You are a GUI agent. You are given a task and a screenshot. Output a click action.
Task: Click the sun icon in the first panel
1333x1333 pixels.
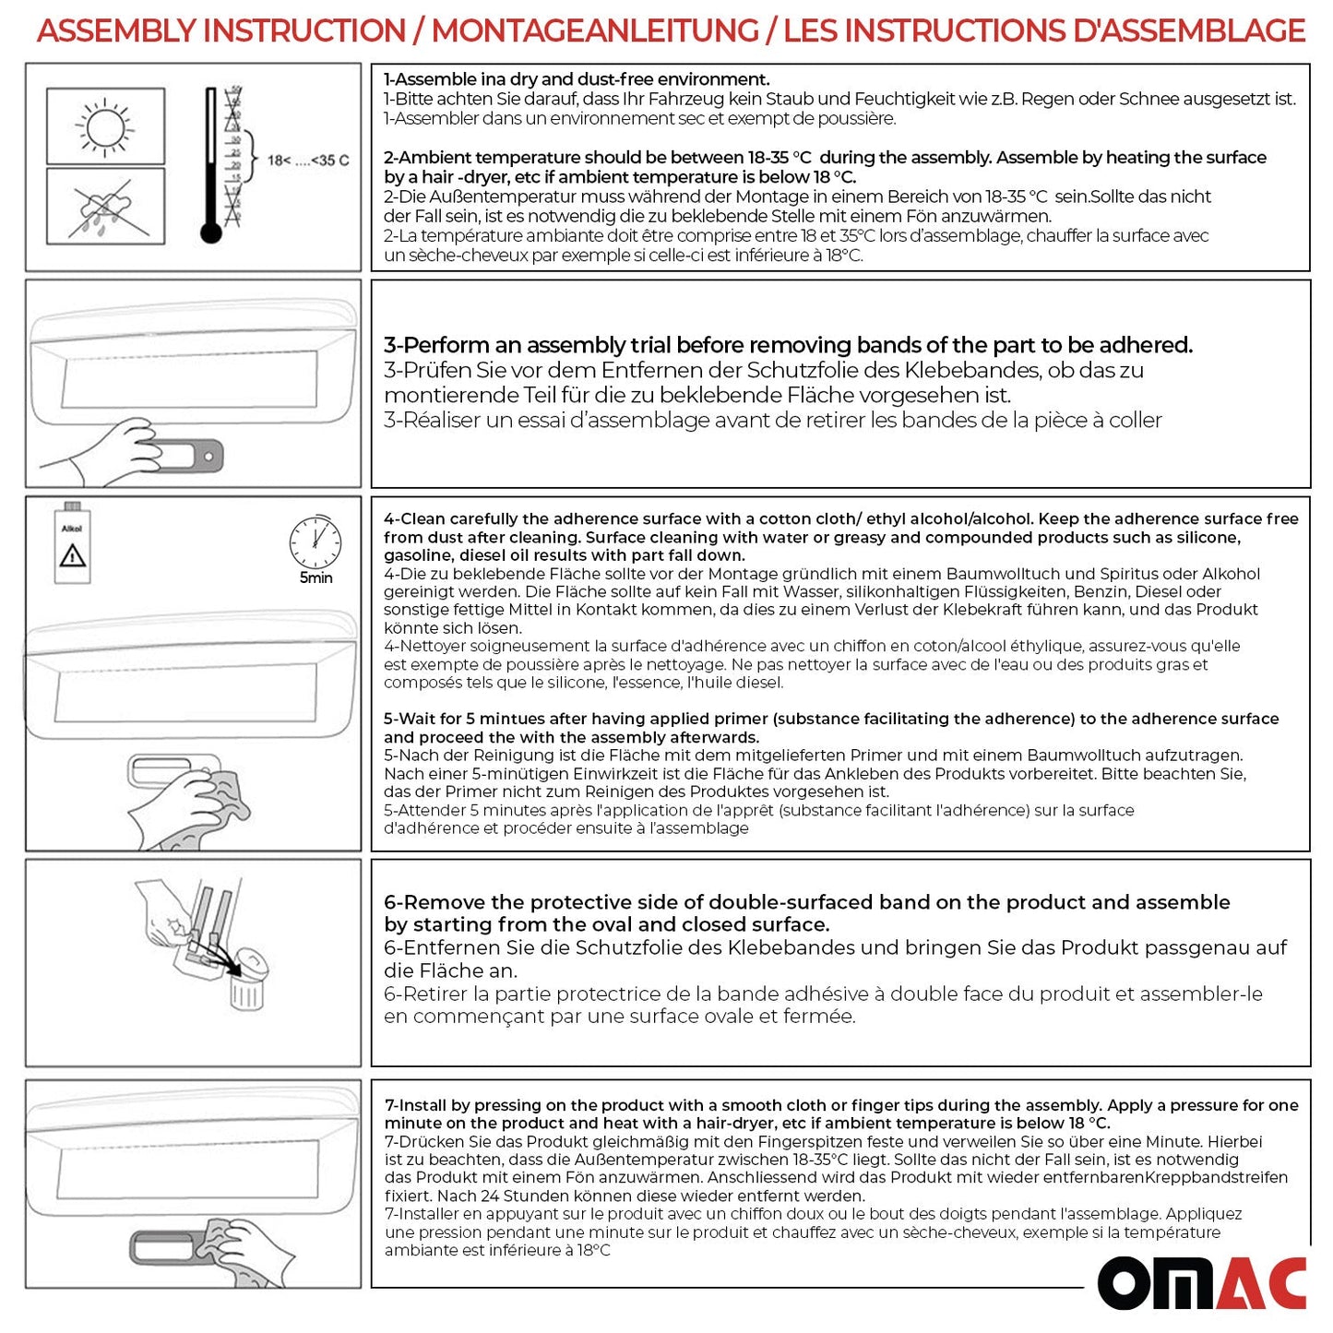[104, 125]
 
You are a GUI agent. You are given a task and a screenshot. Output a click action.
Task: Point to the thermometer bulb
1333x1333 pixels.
[211, 232]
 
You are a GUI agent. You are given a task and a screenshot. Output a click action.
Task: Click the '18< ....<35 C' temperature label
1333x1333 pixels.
[308, 161]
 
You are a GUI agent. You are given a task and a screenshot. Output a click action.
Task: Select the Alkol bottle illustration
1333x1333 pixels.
[72, 544]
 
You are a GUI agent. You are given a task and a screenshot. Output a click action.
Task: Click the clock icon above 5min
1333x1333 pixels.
[315, 542]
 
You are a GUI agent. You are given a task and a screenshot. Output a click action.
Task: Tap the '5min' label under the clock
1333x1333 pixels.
[315, 578]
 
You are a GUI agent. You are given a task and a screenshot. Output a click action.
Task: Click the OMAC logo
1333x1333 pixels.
[1202, 1283]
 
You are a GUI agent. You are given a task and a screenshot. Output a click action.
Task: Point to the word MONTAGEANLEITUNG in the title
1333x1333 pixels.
[595, 31]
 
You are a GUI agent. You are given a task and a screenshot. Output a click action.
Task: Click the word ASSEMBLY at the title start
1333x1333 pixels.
[117, 31]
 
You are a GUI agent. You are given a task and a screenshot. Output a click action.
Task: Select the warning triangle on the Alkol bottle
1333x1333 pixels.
[72, 556]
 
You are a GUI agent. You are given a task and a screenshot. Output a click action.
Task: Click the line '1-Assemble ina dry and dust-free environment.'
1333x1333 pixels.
[577, 79]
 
